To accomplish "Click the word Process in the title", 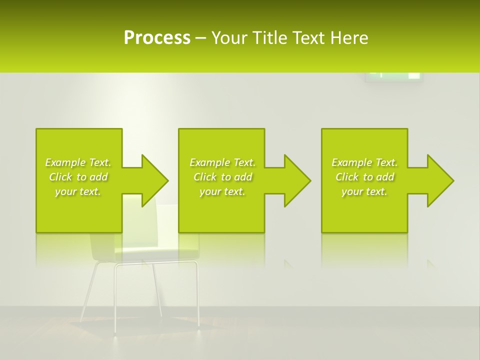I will coord(156,38).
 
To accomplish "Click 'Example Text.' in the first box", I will coord(78,162).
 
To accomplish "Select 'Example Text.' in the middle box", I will coord(222,162).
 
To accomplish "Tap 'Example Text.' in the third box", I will coord(364,162).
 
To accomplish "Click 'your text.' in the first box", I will coord(78,191).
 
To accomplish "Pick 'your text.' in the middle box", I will coord(222,191).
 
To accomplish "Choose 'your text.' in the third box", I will coord(364,191).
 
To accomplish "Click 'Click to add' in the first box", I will coord(78,177).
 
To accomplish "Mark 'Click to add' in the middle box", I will coord(222,177).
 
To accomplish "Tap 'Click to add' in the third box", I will coord(364,177).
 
